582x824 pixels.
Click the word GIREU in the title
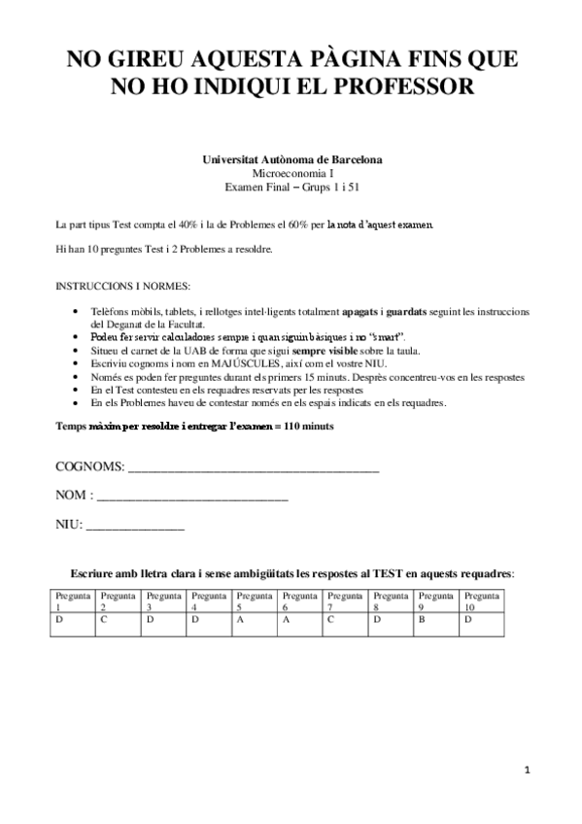click(148, 60)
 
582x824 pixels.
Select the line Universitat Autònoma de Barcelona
click(291, 158)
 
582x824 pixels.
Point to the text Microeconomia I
click(291, 172)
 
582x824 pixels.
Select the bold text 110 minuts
click(303, 428)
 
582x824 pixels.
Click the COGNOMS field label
click(90, 467)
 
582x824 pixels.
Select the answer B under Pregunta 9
click(422, 619)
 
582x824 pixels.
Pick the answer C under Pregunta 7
click(330, 619)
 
